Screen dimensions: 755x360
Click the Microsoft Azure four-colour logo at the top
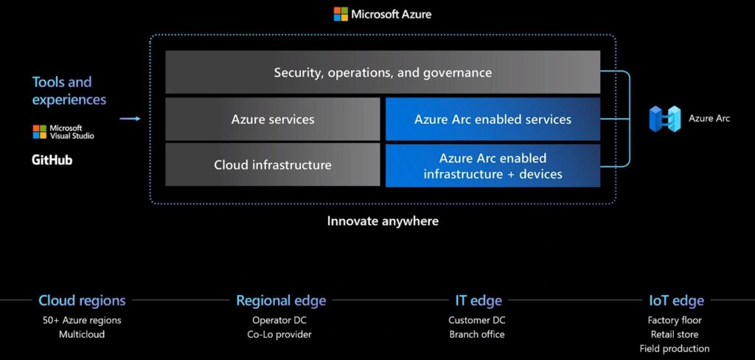341,14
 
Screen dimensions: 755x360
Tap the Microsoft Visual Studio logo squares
40,132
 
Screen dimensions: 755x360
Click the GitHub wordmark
52,160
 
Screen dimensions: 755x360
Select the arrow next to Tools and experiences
130,119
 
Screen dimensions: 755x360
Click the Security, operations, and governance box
383,72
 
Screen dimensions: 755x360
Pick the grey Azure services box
273,119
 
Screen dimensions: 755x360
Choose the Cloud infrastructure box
273,165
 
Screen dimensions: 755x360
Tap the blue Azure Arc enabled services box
493,119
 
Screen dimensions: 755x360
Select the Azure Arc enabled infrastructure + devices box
493,165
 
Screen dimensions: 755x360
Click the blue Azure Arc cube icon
665,119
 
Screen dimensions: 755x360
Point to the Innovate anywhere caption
383,221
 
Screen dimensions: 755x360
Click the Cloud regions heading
82,301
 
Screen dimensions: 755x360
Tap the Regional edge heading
281,301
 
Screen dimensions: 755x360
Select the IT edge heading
479,301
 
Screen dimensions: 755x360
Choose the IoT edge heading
677,301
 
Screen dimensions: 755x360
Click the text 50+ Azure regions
82,320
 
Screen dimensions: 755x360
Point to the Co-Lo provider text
279,334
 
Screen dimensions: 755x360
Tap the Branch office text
477,334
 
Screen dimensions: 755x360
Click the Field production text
675,348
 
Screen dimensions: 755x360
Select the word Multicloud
82,334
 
